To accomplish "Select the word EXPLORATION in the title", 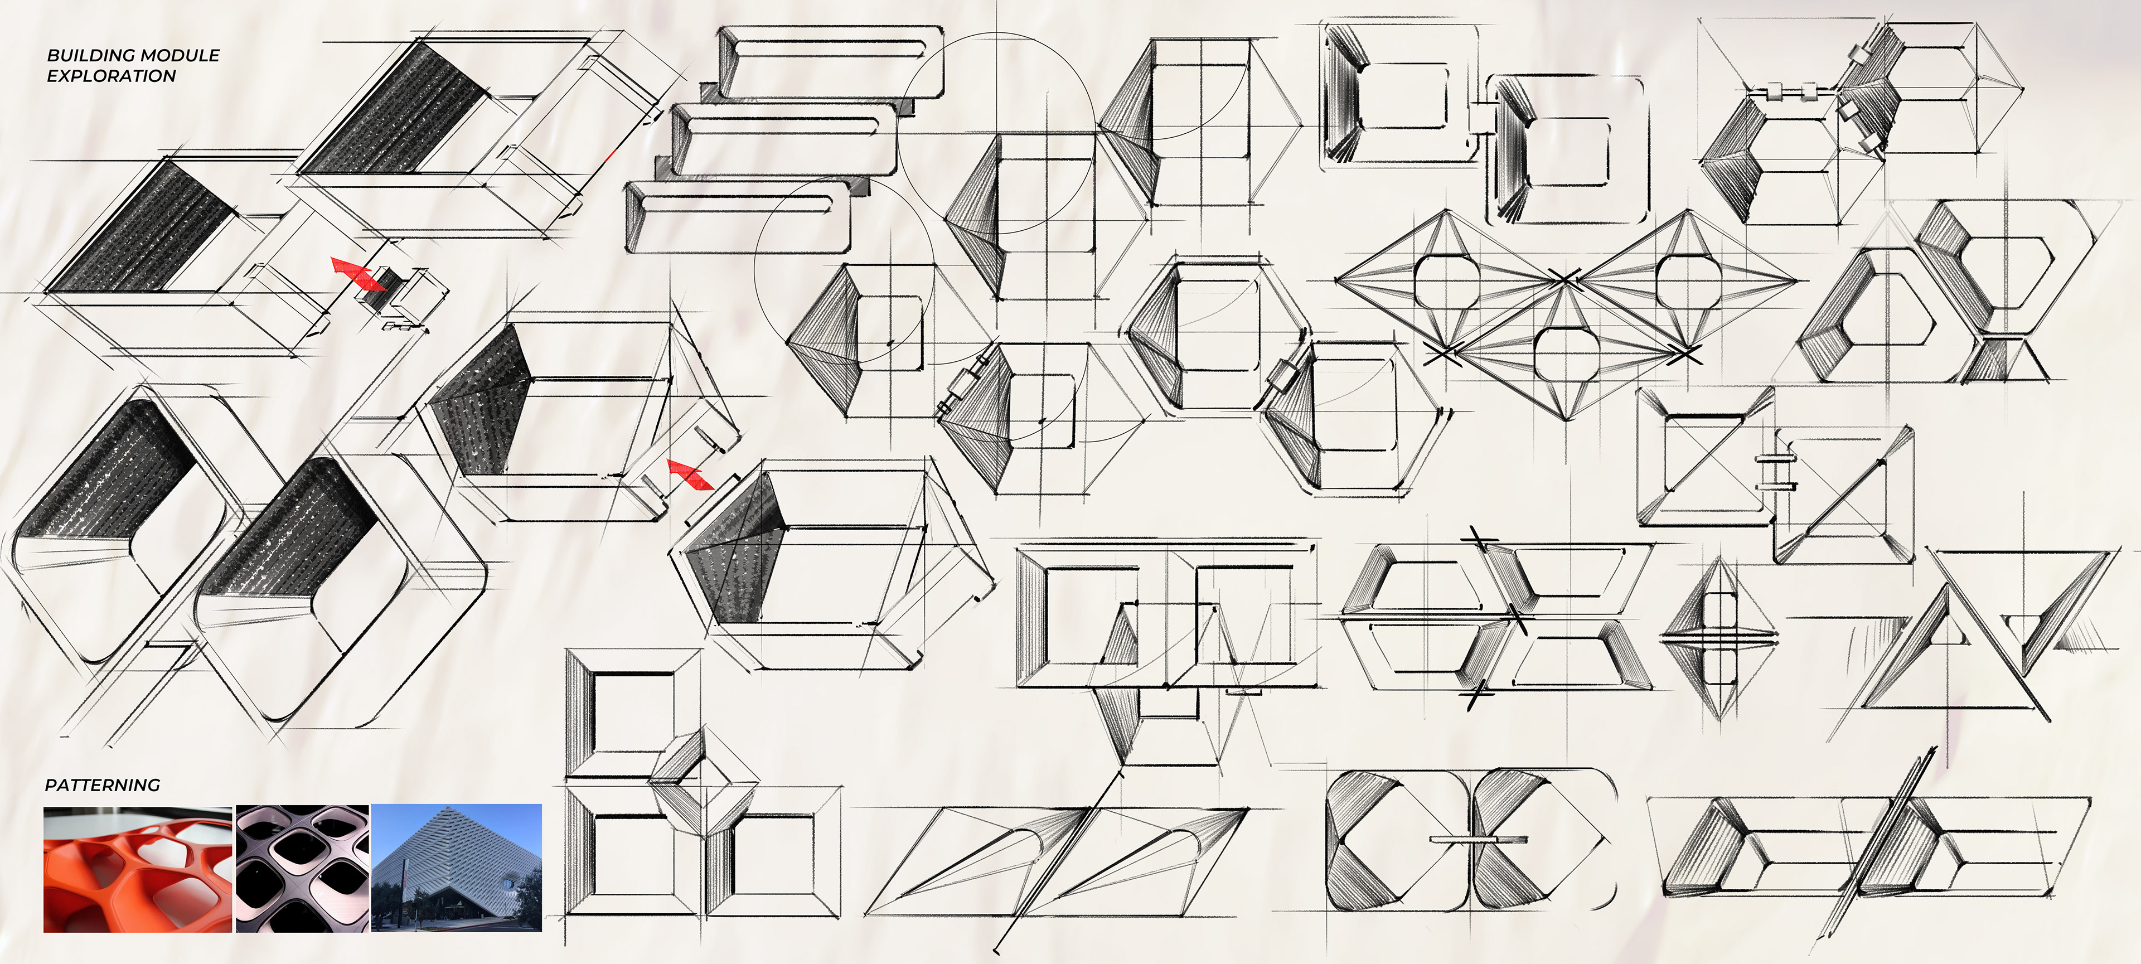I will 112,76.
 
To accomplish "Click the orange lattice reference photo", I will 137,869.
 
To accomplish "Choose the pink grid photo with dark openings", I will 303,869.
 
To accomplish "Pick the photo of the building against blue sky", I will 456,869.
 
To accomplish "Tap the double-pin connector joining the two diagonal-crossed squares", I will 1777,471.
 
